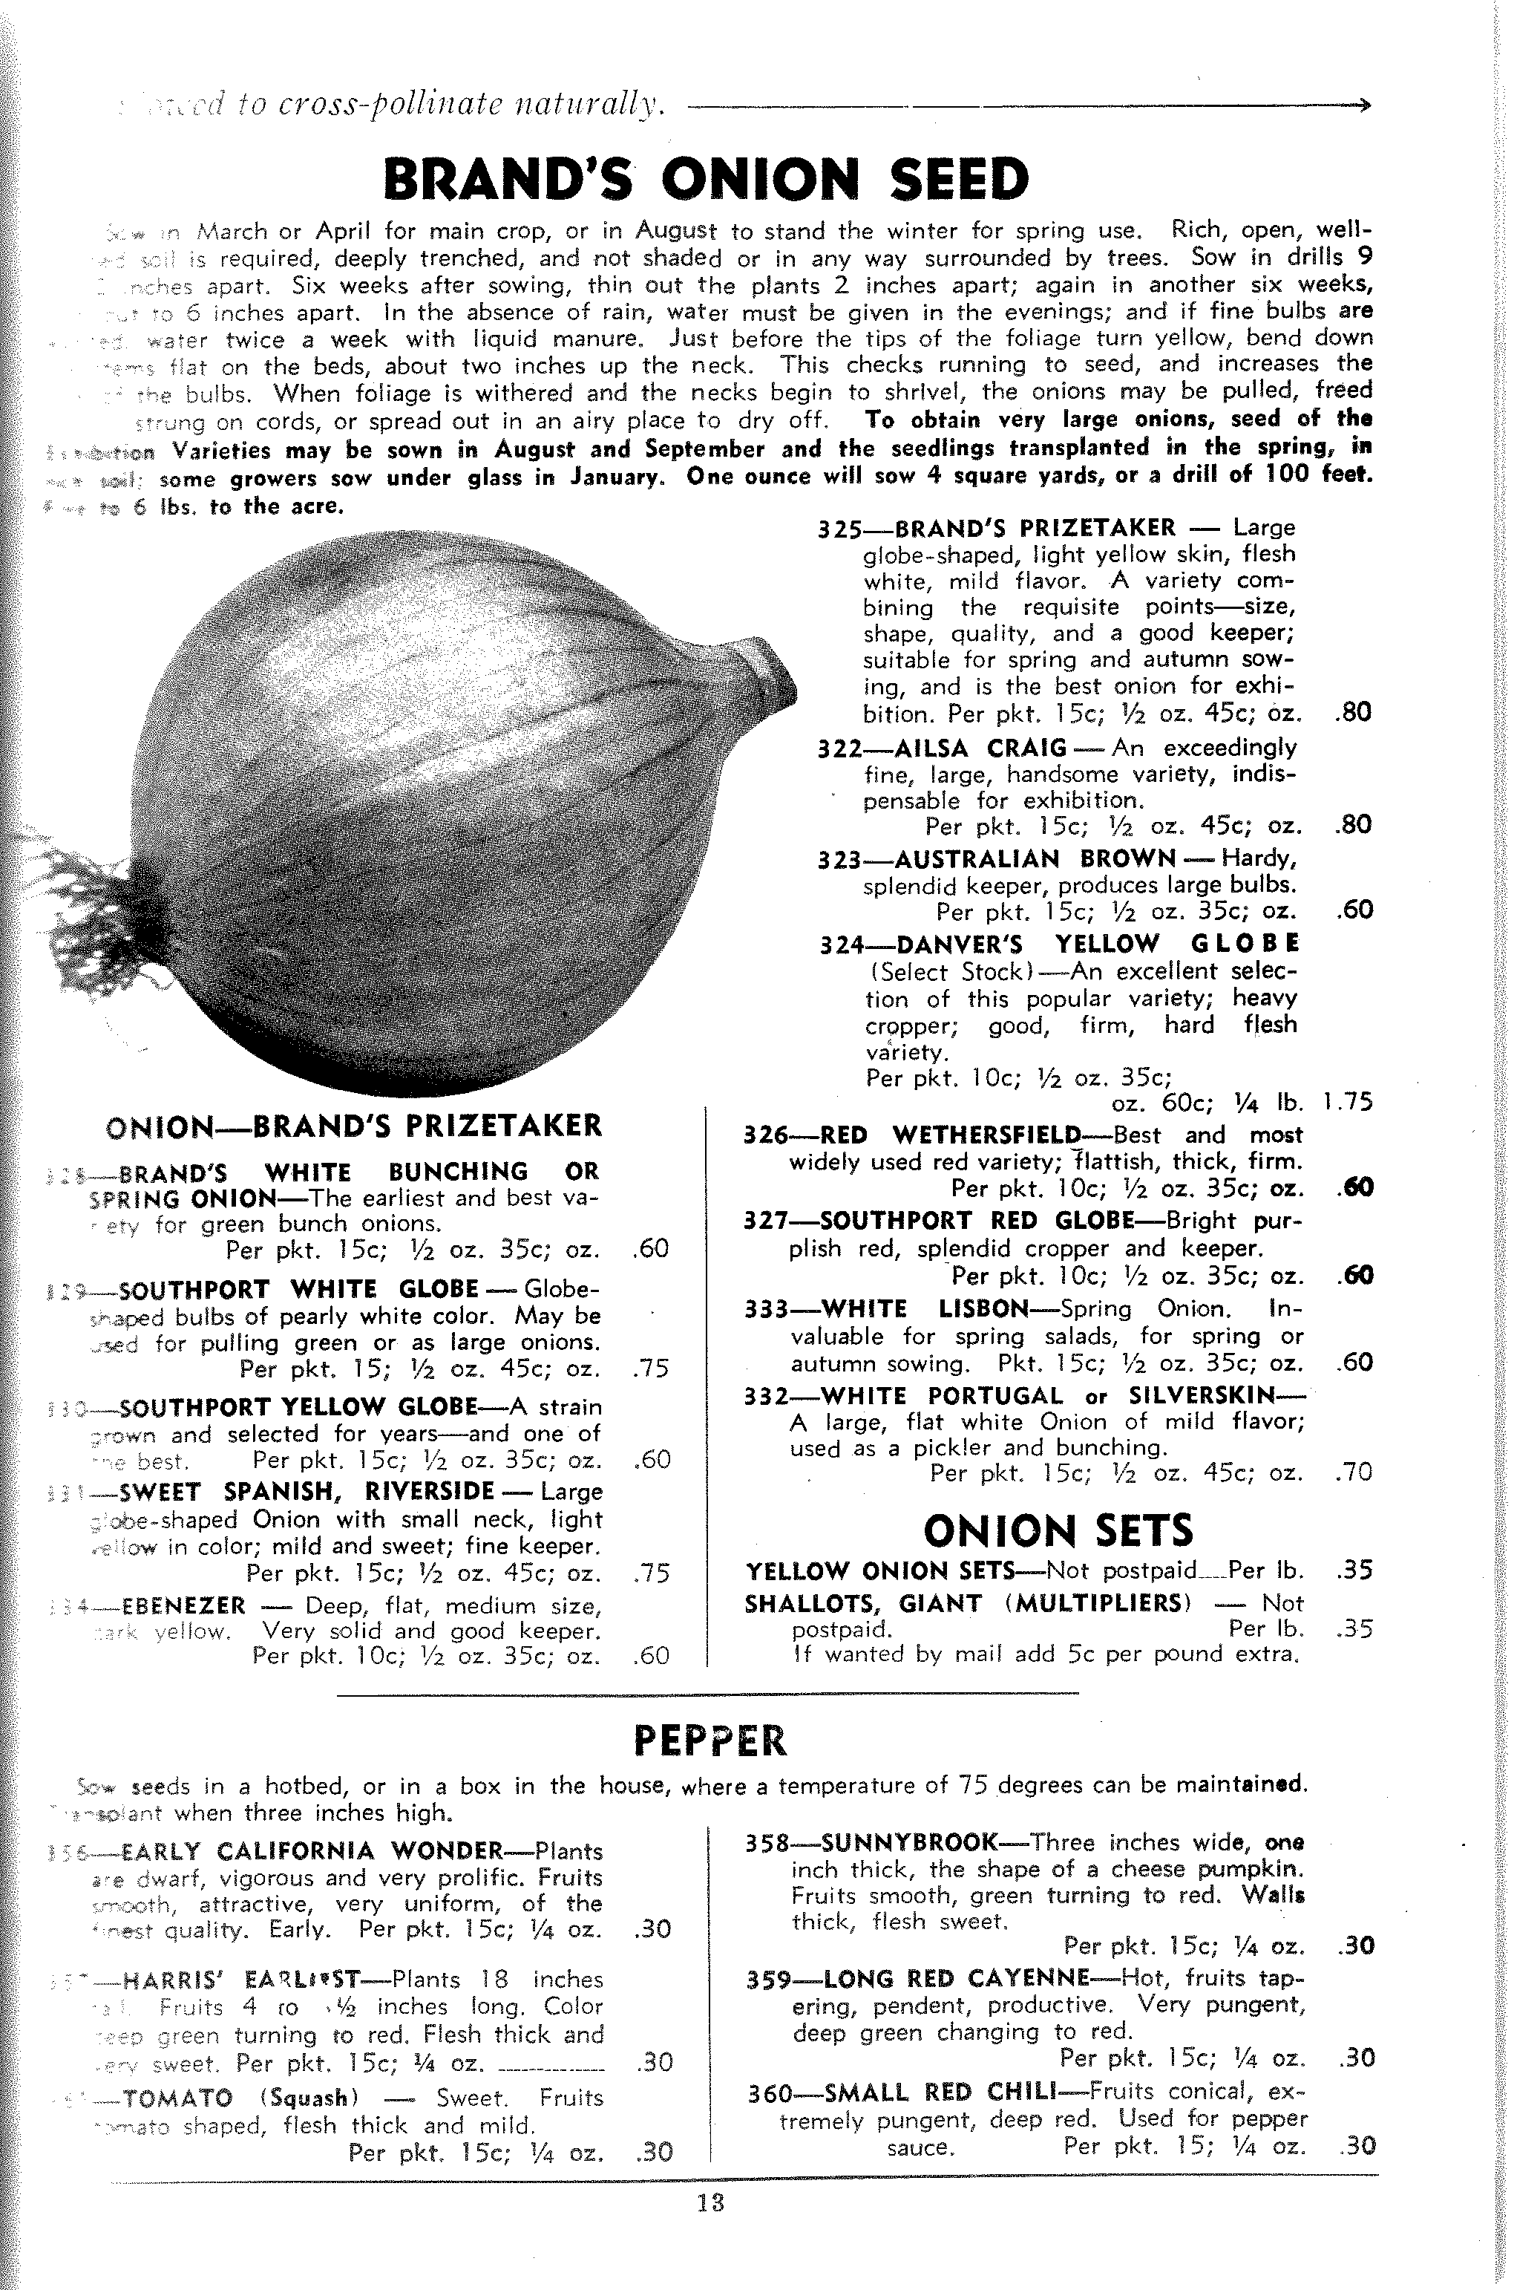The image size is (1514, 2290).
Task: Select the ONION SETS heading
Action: [1058, 1530]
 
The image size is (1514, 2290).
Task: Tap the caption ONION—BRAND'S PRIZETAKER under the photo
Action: [353, 1126]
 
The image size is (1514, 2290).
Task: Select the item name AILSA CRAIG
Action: [980, 748]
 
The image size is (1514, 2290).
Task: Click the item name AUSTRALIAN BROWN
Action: [1034, 858]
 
